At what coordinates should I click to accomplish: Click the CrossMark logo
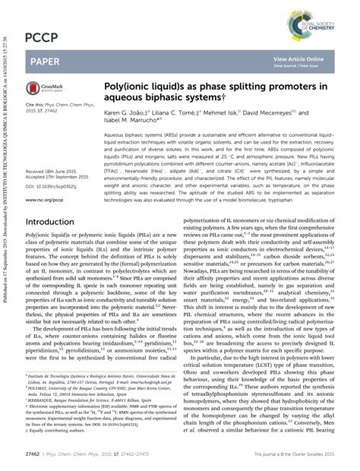(39, 90)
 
